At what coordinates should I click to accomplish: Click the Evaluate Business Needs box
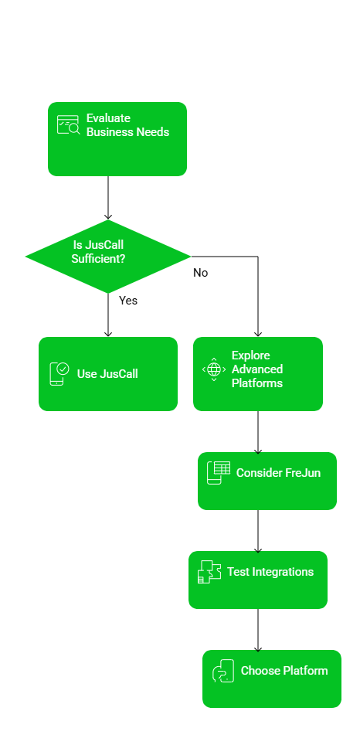click(x=117, y=139)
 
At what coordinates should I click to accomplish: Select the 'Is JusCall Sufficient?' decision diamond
click(x=108, y=257)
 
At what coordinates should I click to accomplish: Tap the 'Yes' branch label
click(x=128, y=301)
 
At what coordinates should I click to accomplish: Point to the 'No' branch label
click(x=200, y=273)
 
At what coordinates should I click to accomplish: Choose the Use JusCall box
click(x=108, y=374)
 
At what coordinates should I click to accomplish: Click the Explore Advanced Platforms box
click(x=258, y=374)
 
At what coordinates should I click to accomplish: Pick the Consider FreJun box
click(x=267, y=481)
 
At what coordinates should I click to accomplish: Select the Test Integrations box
click(x=258, y=580)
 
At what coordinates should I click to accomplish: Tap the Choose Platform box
click(x=272, y=679)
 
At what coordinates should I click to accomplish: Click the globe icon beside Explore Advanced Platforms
click(x=214, y=369)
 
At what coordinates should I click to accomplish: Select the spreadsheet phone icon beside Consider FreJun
click(x=219, y=473)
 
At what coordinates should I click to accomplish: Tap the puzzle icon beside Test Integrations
click(x=209, y=572)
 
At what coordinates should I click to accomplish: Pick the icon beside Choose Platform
click(x=223, y=671)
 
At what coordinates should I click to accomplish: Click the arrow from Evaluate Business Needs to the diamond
click(x=108, y=198)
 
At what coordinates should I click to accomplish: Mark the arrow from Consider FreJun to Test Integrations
click(x=258, y=531)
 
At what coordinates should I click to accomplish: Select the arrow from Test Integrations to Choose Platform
click(x=258, y=630)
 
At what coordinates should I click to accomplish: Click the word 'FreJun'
click(x=303, y=473)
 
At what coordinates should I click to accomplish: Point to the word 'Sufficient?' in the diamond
click(x=98, y=259)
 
